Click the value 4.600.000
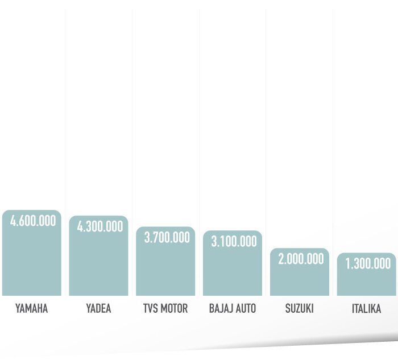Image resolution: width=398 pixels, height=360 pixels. (33, 221)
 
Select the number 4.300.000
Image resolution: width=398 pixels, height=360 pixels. (100, 226)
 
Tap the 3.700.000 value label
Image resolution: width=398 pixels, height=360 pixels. (167, 238)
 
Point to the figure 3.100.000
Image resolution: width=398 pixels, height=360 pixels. (234, 241)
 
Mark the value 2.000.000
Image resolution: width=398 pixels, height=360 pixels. (301, 259)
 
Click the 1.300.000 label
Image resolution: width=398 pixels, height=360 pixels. (368, 263)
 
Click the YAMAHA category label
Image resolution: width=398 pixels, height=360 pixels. (32, 309)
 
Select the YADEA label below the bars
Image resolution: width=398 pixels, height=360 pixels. (98, 309)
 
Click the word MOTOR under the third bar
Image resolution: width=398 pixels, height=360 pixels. (174, 309)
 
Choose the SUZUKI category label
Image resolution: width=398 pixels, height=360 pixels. (299, 309)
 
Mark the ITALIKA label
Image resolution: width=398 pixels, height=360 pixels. (366, 309)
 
